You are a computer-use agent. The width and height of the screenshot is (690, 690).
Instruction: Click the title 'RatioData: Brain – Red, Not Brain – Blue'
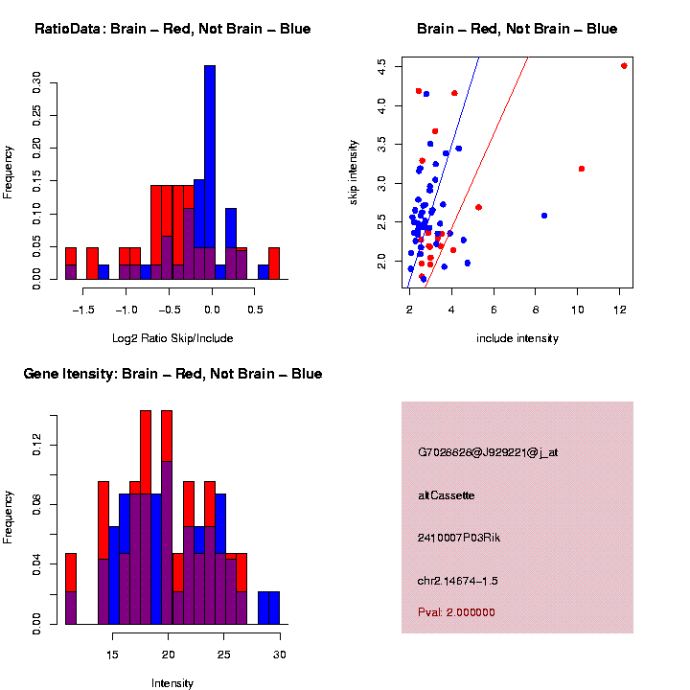[x=172, y=29]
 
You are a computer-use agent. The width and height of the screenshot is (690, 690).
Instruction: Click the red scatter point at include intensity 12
[x=624, y=66]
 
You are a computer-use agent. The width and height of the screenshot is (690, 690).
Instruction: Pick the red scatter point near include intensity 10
[x=582, y=169]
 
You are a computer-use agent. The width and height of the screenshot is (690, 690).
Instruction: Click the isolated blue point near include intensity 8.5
[x=544, y=216]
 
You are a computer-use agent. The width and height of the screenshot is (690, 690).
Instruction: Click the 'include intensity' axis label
[x=517, y=337]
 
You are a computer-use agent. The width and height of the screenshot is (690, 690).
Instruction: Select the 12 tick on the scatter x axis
[x=620, y=310]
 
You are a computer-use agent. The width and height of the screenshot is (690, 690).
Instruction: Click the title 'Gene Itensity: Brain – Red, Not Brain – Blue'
[x=172, y=374]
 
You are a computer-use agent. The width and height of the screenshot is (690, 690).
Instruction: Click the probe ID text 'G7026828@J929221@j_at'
[x=488, y=452]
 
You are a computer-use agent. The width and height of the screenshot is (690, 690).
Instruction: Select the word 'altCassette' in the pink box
[x=446, y=495]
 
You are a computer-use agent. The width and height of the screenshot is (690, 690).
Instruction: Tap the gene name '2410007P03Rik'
[x=459, y=538]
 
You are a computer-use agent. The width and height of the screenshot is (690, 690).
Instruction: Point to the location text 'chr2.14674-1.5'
[x=458, y=581]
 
